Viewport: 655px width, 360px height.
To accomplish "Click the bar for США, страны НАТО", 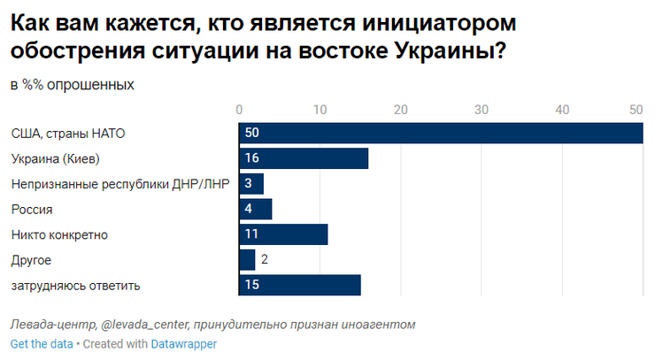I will point(441,133).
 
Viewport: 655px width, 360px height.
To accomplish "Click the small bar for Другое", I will point(247,260).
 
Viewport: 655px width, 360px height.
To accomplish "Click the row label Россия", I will point(32,210).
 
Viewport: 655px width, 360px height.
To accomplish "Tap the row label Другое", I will point(31,260).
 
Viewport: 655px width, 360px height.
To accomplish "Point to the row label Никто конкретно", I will point(58,234).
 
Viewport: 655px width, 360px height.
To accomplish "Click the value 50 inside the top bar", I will point(252,133).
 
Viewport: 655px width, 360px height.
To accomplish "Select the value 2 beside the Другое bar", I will point(264,260).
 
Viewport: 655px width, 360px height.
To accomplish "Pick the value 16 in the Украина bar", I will point(252,158).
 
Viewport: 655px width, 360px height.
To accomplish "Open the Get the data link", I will point(42,343).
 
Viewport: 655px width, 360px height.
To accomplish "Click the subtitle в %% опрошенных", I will point(73,85).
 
